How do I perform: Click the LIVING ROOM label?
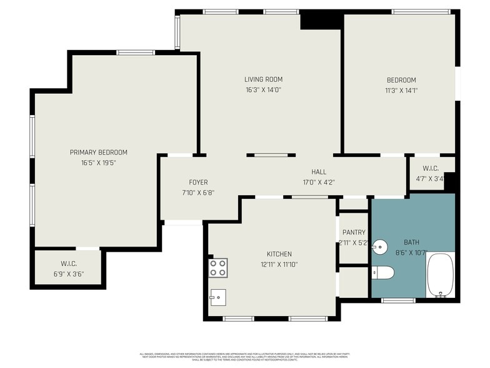pos(263,79)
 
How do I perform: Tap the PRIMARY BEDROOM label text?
pos(98,152)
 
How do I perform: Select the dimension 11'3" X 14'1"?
pos(401,89)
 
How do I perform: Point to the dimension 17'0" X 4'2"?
pos(319,182)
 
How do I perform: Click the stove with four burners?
pos(217,268)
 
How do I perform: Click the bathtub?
pos(440,275)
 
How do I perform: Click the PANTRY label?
pos(353,233)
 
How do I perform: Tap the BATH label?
pos(412,242)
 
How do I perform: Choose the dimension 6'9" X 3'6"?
pos(68,273)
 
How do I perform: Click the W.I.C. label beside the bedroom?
pos(431,168)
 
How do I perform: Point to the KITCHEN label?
pos(279,254)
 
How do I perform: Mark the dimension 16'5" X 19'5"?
pos(98,162)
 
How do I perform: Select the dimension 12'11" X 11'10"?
pos(279,264)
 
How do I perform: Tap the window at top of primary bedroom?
pos(136,53)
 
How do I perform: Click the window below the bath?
pos(398,300)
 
